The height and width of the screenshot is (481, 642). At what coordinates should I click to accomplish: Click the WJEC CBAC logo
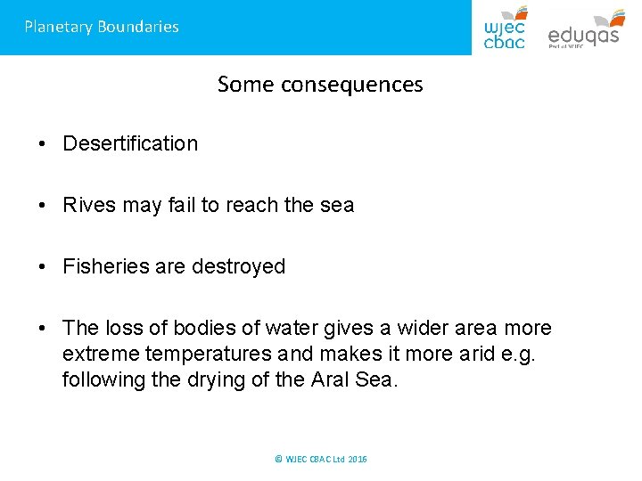tap(505, 28)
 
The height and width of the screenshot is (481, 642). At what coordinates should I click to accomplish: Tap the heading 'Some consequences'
tap(320, 85)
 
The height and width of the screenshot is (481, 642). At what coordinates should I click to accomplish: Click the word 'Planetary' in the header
tap(58, 27)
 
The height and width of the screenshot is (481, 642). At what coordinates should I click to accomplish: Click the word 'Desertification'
tap(130, 143)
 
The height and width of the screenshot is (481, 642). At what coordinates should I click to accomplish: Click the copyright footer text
tap(320, 459)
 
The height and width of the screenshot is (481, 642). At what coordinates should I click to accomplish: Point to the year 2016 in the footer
tap(357, 459)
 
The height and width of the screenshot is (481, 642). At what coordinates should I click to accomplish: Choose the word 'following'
tap(101, 379)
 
